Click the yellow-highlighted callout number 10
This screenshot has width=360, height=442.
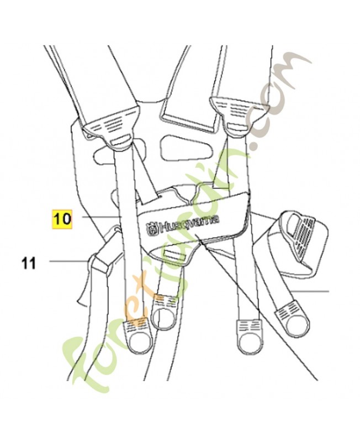(61, 219)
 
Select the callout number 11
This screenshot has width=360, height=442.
(29, 264)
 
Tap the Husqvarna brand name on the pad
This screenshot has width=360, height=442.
(189, 223)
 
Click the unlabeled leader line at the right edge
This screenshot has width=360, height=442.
(309, 291)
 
